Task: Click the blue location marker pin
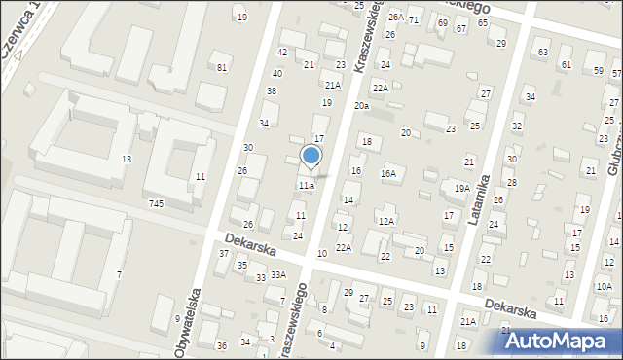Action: pyautogui.click(x=311, y=156)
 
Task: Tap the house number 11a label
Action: pyautogui.click(x=307, y=185)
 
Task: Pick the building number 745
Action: pyautogui.click(x=156, y=202)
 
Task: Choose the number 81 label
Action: pyautogui.click(x=222, y=67)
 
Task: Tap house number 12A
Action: pyautogui.click(x=385, y=221)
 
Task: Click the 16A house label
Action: pyautogui.click(x=388, y=174)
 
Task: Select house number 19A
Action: pyautogui.click(x=461, y=189)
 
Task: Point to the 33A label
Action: pyautogui.click(x=278, y=274)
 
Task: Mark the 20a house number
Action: pyautogui.click(x=361, y=105)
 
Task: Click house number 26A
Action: pyautogui.click(x=395, y=18)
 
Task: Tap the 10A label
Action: pyautogui.click(x=604, y=286)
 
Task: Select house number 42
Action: pyautogui.click(x=282, y=52)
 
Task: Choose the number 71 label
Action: pyautogui.click(x=414, y=19)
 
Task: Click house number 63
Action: pyautogui.click(x=542, y=52)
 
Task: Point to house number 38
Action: pyautogui.click(x=272, y=90)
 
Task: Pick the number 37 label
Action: pyautogui.click(x=223, y=253)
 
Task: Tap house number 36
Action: pyautogui.click(x=221, y=345)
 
